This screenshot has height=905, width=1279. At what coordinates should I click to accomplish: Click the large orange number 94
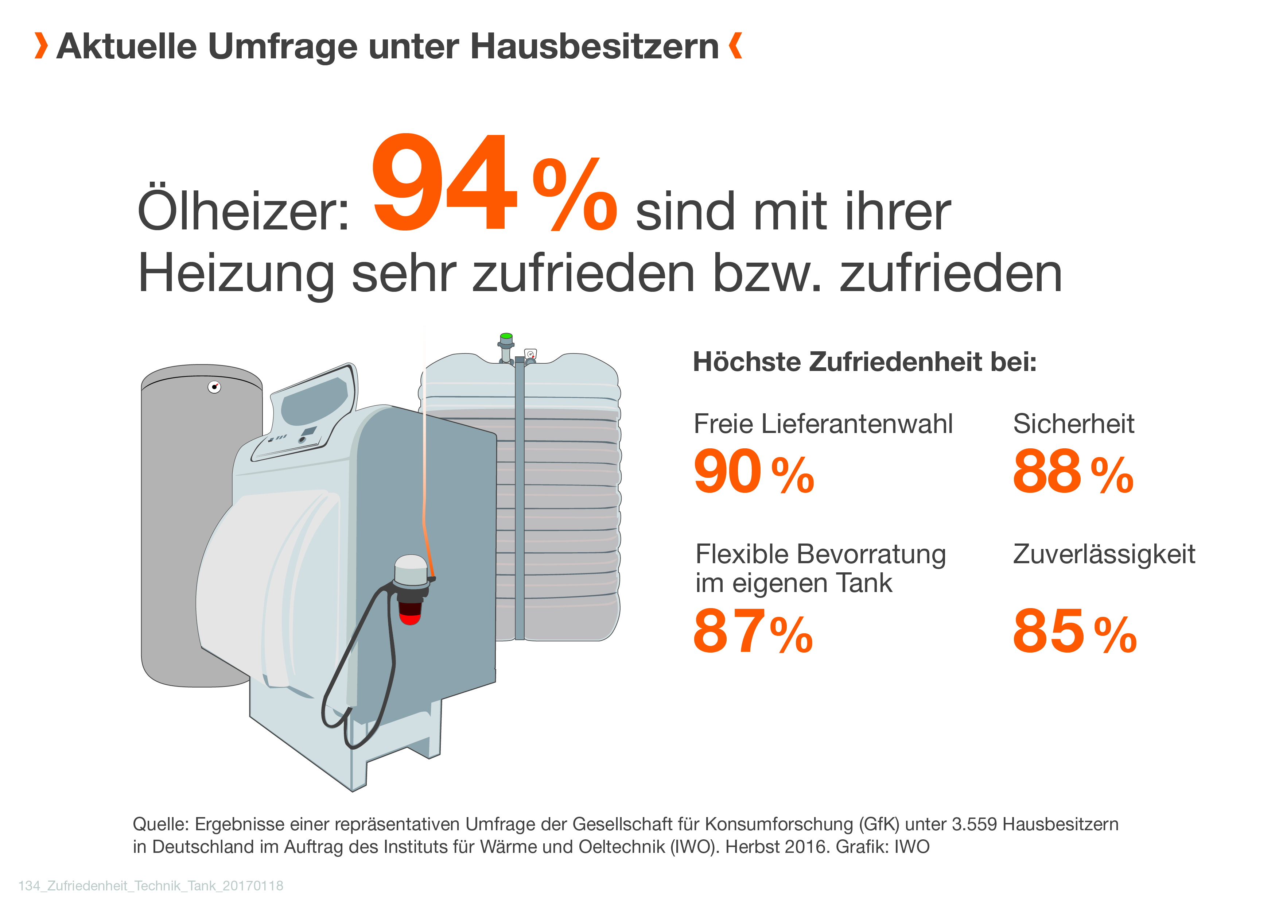coord(444,184)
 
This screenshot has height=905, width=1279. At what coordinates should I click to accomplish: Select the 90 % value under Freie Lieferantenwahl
coord(753,472)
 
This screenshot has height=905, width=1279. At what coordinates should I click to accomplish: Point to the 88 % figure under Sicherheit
coord(1072,472)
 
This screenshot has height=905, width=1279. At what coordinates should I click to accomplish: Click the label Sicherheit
coord(1073,424)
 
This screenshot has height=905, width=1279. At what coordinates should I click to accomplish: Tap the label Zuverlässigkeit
coord(1104,554)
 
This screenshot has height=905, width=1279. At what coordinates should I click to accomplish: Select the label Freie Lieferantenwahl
coord(823,424)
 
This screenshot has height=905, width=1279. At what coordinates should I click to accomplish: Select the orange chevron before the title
coord(41,46)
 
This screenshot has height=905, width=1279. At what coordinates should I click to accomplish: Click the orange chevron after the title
coord(735,46)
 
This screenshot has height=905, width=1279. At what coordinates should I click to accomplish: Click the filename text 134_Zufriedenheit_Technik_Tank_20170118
coord(151,886)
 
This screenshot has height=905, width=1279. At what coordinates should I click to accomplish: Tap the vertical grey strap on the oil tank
coord(519,502)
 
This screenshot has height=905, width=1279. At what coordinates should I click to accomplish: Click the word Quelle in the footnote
coord(160,824)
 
